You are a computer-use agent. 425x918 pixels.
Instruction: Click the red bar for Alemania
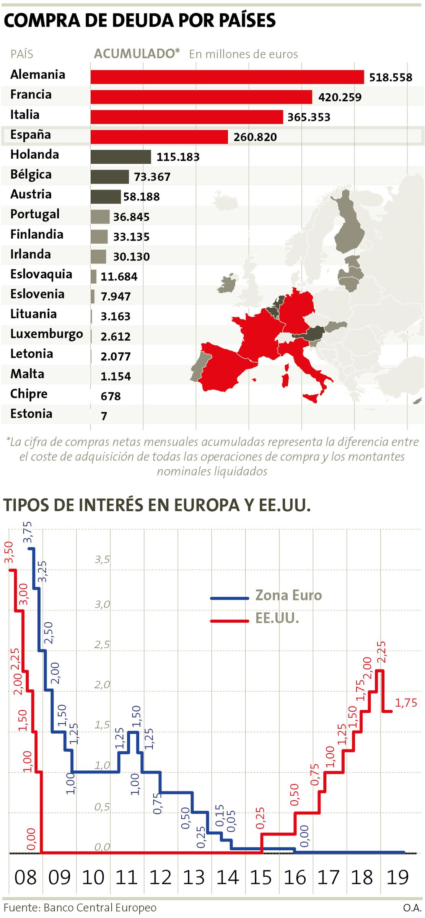tap(227, 77)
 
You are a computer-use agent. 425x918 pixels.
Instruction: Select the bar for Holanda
tap(121, 157)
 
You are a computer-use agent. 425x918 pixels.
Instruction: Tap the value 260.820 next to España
tap(255, 137)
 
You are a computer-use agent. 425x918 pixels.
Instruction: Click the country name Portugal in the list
tap(35, 214)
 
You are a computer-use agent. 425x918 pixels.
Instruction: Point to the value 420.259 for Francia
tap(340, 97)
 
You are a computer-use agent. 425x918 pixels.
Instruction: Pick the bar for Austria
tap(106, 197)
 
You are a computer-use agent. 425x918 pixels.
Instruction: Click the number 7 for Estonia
tap(104, 416)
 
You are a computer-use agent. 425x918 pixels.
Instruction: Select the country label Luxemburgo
tap(46, 334)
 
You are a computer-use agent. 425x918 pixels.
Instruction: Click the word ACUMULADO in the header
tap(135, 54)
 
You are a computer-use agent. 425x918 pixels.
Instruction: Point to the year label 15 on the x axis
tap(261, 878)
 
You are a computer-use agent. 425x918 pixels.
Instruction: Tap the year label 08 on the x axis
tap(25, 878)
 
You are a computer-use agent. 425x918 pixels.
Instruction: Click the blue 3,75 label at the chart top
tap(28, 532)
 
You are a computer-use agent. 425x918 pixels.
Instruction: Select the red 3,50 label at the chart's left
tap(9, 552)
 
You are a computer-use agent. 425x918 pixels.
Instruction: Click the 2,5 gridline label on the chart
tap(102, 645)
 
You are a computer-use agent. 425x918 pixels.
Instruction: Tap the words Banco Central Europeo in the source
tap(100, 908)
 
